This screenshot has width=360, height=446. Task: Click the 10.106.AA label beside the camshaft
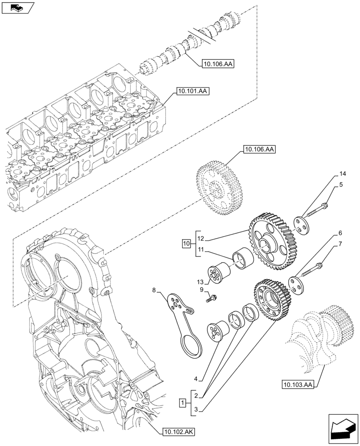[218, 64]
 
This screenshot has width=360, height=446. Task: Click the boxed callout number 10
[186, 244]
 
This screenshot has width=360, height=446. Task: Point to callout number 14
[342, 173]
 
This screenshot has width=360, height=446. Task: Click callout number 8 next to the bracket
[154, 291]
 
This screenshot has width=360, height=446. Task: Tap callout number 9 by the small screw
[202, 290]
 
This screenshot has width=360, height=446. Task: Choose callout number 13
[200, 281]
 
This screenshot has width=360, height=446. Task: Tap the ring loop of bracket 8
[192, 346]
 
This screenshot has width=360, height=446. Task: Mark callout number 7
[340, 244]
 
